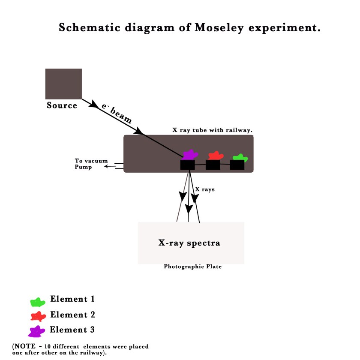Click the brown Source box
[63, 84]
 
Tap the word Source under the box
[62, 105]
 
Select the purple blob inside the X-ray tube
[189, 155]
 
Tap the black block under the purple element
[187, 165]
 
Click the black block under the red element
[213, 165]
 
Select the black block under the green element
[237, 165]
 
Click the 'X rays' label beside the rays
[205, 189]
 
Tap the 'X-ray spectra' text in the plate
[189, 243]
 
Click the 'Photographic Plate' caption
[192, 267]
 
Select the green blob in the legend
[38, 302]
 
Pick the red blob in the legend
[38, 317]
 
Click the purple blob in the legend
[37, 331]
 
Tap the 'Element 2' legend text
[72, 315]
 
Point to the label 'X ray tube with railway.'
[212, 130]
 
